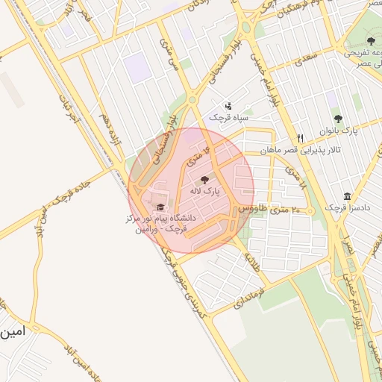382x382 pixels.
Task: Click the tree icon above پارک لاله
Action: pos(205,180)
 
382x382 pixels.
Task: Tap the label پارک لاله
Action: pos(206,192)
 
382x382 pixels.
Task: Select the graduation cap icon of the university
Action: pos(160,207)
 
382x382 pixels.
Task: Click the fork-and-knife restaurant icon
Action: pos(300,138)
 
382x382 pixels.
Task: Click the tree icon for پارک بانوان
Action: pos(338,119)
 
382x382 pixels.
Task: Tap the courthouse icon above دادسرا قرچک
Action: pos(348,195)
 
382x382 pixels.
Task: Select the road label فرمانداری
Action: pos(230,296)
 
